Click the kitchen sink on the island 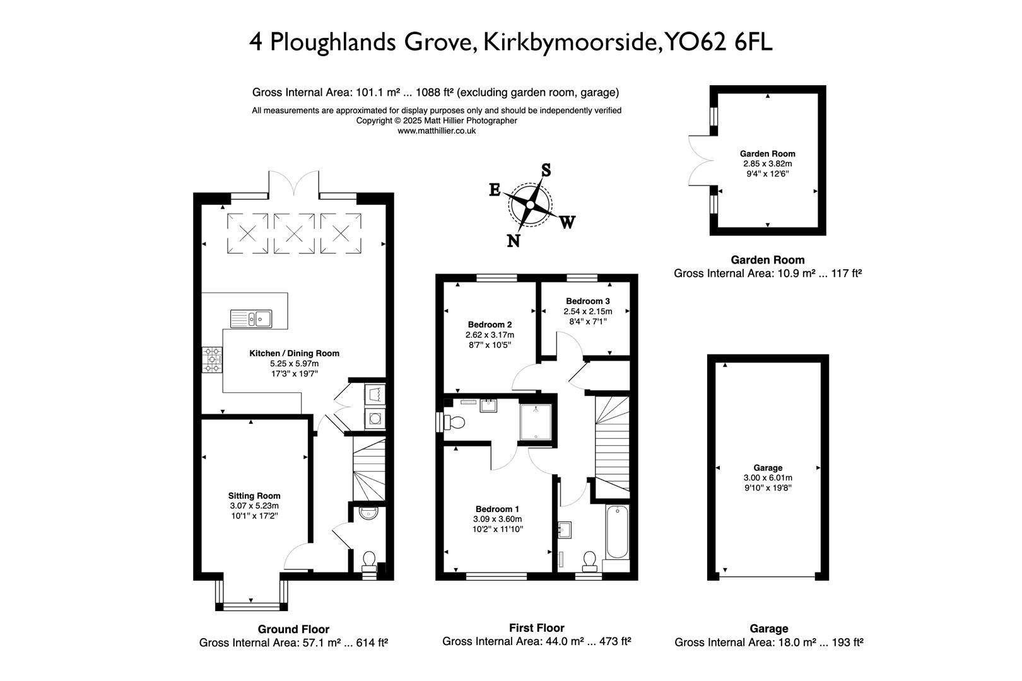250,318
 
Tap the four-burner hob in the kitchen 212,359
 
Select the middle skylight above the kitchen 294,233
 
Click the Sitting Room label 254,496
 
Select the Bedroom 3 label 587,301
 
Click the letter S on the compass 546,170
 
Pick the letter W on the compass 567,222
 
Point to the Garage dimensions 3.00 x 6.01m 768,478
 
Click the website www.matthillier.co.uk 437,131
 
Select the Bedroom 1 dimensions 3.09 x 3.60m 498,519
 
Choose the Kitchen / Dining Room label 294,353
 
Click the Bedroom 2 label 490,325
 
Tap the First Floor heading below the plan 536,627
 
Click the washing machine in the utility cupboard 375,417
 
